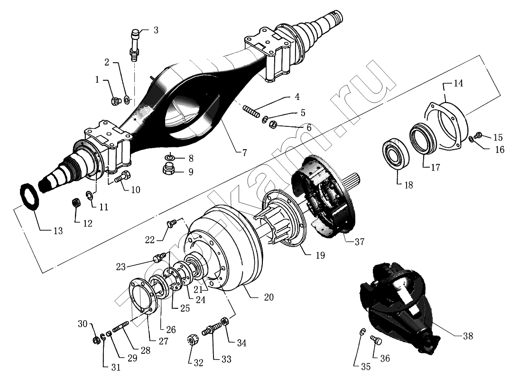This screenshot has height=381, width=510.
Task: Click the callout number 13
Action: coord(58,231)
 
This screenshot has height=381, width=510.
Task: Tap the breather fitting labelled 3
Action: coord(134,44)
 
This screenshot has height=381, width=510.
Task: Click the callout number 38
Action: coord(468,336)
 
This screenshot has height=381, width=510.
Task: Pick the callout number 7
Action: coord(245,153)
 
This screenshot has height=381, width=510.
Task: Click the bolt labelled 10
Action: coord(120,177)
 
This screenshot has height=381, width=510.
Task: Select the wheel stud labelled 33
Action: coord(212,328)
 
